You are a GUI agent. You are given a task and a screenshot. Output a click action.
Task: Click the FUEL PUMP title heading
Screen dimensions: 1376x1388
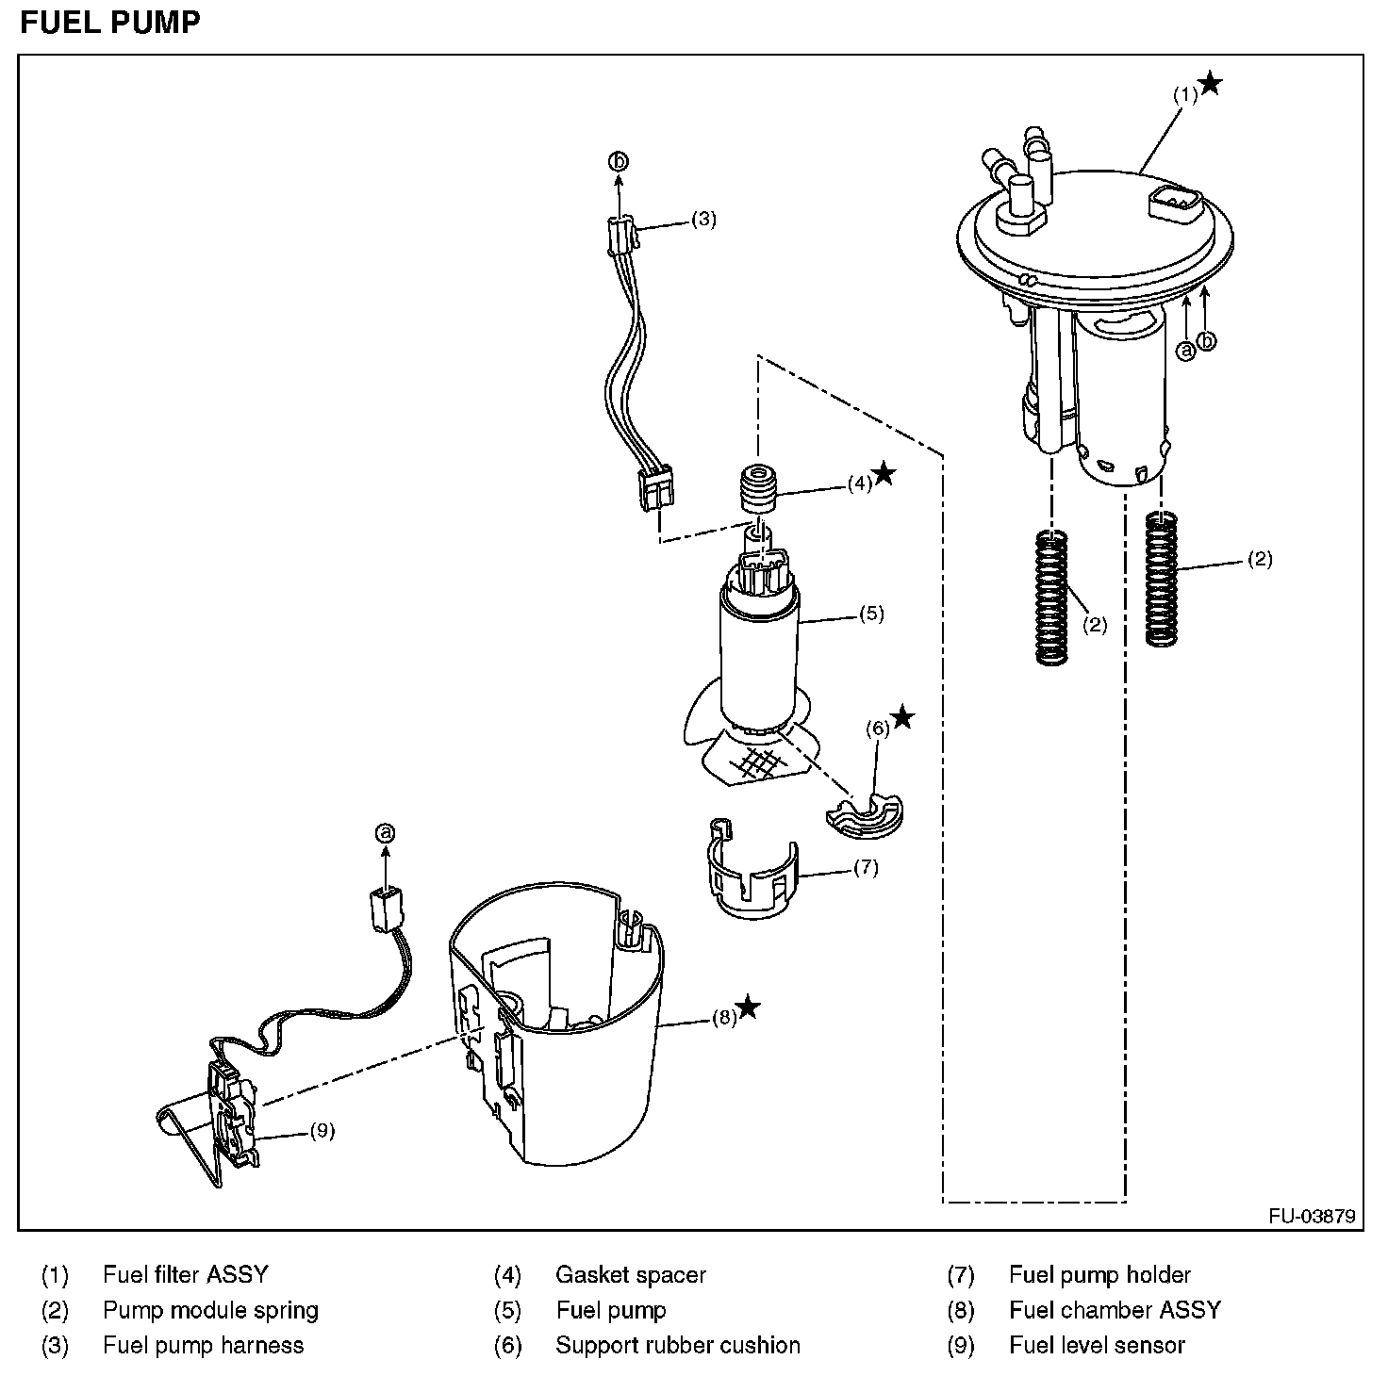click(x=110, y=22)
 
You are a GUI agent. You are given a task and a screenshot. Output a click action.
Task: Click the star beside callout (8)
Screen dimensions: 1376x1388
click(x=749, y=1007)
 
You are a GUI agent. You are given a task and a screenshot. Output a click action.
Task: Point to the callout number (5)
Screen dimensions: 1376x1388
click(x=871, y=614)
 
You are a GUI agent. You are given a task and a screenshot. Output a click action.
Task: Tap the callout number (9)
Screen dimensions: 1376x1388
click(x=322, y=1131)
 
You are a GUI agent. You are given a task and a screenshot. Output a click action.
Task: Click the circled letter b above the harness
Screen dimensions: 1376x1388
click(x=619, y=162)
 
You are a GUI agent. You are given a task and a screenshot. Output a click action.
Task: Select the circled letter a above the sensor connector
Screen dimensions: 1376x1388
click(x=385, y=833)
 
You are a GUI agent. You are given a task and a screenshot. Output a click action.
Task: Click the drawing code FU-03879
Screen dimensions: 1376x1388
click(x=1311, y=1216)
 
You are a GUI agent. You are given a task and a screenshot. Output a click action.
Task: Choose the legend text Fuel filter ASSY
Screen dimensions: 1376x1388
click(x=186, y=1275)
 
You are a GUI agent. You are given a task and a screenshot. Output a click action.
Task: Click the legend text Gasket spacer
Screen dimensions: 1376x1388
click(x=631, y=1275)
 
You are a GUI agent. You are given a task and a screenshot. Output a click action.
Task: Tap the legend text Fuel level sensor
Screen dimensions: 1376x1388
click(x=1097, y=1345)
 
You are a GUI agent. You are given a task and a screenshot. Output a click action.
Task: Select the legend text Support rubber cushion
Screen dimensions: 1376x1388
click(x=678, y=1345)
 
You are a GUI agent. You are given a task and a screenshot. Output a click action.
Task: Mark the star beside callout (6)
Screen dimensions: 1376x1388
click(x=902, y=717)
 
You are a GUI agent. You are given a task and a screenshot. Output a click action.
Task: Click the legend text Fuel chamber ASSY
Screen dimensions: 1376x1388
click(x=1115, y=1310)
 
